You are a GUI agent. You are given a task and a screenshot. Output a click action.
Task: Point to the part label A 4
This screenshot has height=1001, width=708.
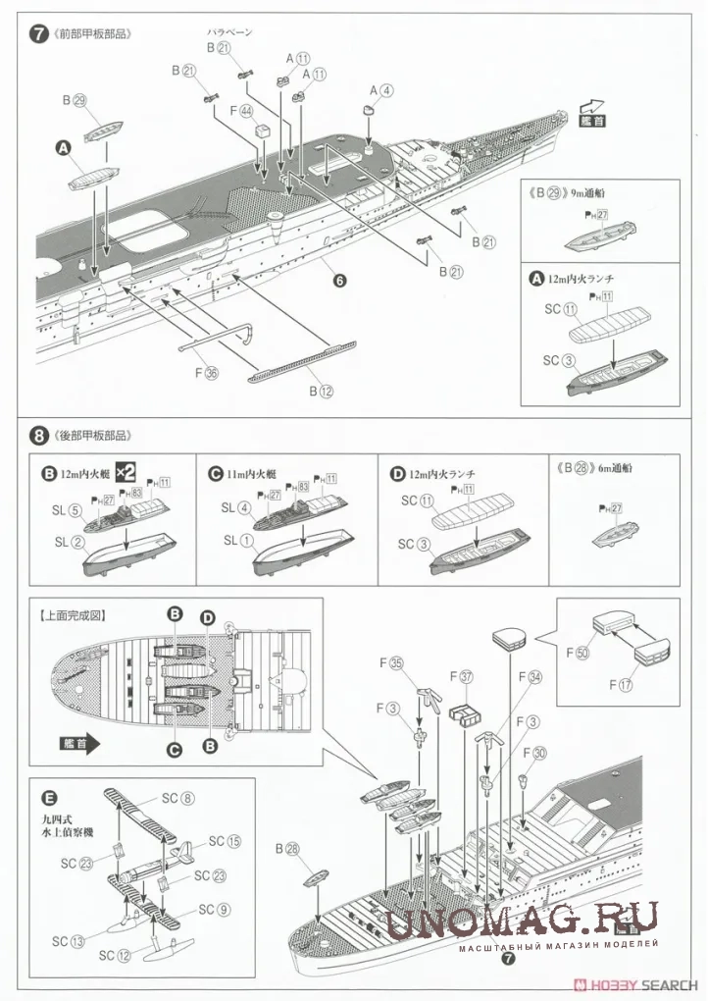(380, 90)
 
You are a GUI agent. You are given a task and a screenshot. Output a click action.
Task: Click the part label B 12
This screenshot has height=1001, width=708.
(323, 390)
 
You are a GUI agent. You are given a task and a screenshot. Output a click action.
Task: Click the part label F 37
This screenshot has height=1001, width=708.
(460, 677)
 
